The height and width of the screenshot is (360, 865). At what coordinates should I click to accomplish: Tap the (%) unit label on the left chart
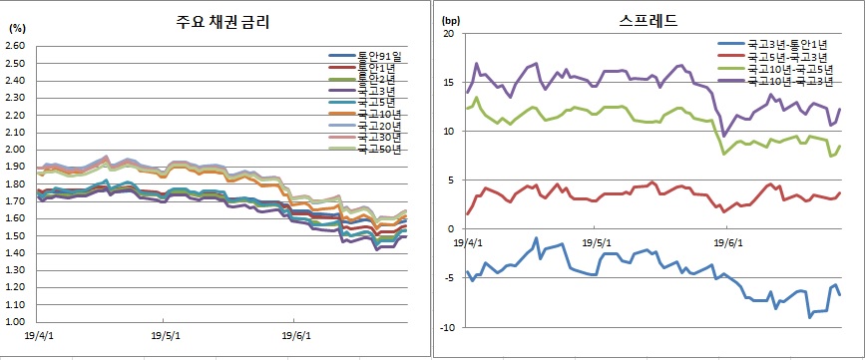(17, 29)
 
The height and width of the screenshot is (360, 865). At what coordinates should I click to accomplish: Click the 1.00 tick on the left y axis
(16, 322)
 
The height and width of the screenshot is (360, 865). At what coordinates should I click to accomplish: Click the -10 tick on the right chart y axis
(445, 327)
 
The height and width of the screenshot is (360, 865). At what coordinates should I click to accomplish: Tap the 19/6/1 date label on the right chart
(725, 241)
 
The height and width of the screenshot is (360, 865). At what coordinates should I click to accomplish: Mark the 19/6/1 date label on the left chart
(296, 335)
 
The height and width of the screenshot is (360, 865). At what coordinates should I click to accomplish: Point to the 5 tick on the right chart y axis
(450, 180)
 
